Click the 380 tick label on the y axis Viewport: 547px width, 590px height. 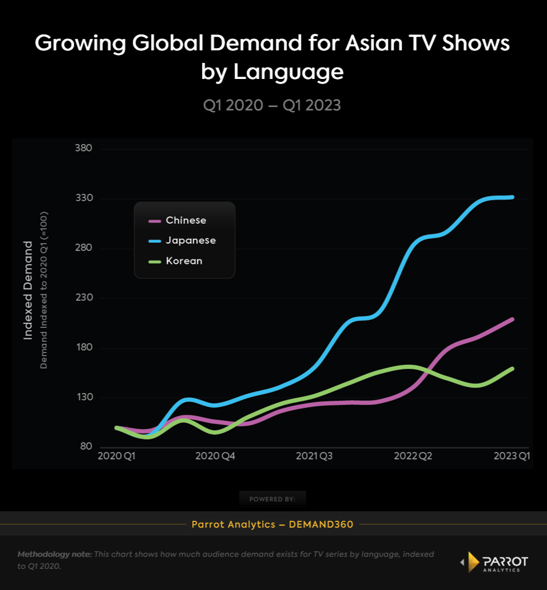[x=84, y=148]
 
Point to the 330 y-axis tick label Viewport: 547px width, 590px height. [x=84, y=198]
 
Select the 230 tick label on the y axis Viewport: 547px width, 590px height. [x=84, y=298]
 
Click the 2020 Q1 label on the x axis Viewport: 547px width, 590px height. [x=117, y=456]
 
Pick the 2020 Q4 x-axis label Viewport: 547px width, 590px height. [x=215, y=456]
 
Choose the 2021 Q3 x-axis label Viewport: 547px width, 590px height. [x=314, y=456]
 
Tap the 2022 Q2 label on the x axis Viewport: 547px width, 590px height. [x=413, y=456]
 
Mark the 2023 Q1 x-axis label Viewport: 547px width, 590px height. [x=510, y=456]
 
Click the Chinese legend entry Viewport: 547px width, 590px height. [x=185, y=220]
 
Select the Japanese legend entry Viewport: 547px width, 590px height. [x=191, y=240]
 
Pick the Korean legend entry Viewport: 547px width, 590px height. [x=184, y=261]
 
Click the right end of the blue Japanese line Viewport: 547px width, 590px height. [x=513, y=197]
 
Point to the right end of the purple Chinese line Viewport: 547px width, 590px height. [x=513, y=319]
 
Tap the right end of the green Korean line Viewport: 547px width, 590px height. [x=513, y=369]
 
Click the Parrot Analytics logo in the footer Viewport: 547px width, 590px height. [x=494, y=562]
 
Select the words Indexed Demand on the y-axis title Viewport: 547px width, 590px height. [x=27, y=290]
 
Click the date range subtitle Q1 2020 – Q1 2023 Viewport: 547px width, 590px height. [x=272, y=105]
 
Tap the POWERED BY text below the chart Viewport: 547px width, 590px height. [x=272, y=499]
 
